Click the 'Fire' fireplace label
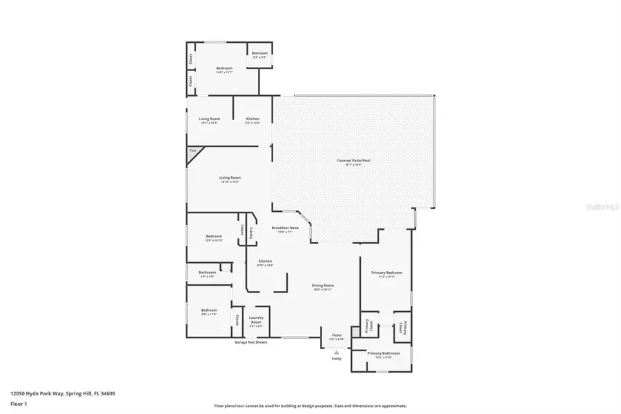pyautogui.click(x=193, y=150)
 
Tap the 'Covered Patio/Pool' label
pyautogui.click(x=353, y=161)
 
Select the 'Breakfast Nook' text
pyautogui.click(x=285, y=228)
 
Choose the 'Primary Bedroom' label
pyautogui.click(x=386, y=273)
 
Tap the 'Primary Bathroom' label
pyautogui.click(x=383, y=353)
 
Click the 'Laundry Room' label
pyautogui.click(x=256, y=320)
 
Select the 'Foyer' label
pyautogui.click(x=336, y=336)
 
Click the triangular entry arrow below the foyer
pyautogui.click(x=337, y=352)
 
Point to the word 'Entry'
pyautogui.click(x=337, y=359)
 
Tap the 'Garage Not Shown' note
pyautogui.click(x=250, y=342)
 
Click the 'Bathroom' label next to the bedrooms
pyautogui.click(x=207, y=273)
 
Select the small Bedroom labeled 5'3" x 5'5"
pyautogui.click(x=259, y=54)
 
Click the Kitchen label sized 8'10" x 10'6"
pyautogui.click(x=265, y=262)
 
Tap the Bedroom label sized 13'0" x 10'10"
pyautogui.click(x=213, y=237)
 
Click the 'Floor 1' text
pyautogui.click(x=19, y=404)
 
